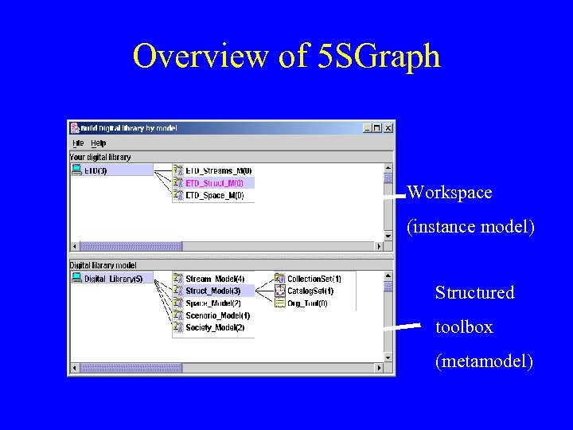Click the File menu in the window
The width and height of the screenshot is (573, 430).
pos(78,143)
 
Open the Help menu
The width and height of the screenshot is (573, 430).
pos(98,143)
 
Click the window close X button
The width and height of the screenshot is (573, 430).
pos(388,127)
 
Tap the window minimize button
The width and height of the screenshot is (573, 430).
pos(367,127)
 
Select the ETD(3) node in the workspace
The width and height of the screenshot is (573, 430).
pos(95,170)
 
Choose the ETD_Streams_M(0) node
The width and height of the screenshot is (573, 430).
pos(218,170)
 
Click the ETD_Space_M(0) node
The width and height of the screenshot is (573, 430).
pos(214,195)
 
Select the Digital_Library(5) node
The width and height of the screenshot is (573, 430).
pos(112,279)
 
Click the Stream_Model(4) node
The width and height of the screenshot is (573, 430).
pos(215,279)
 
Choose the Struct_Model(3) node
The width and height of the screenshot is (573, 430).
pos(212,291)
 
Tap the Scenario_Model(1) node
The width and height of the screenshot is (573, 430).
pos(217,315)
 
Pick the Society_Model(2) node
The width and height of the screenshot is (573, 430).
pos(215,327)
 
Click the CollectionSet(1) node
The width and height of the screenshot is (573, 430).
pos(314,279)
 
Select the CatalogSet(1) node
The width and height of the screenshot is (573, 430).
pos(310,291)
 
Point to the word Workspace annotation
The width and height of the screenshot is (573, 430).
pos(449,193)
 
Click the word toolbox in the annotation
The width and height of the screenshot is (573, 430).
pos(464,327)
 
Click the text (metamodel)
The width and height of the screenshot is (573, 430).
pos(484,362)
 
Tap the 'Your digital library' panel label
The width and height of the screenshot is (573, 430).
pos(100,157)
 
